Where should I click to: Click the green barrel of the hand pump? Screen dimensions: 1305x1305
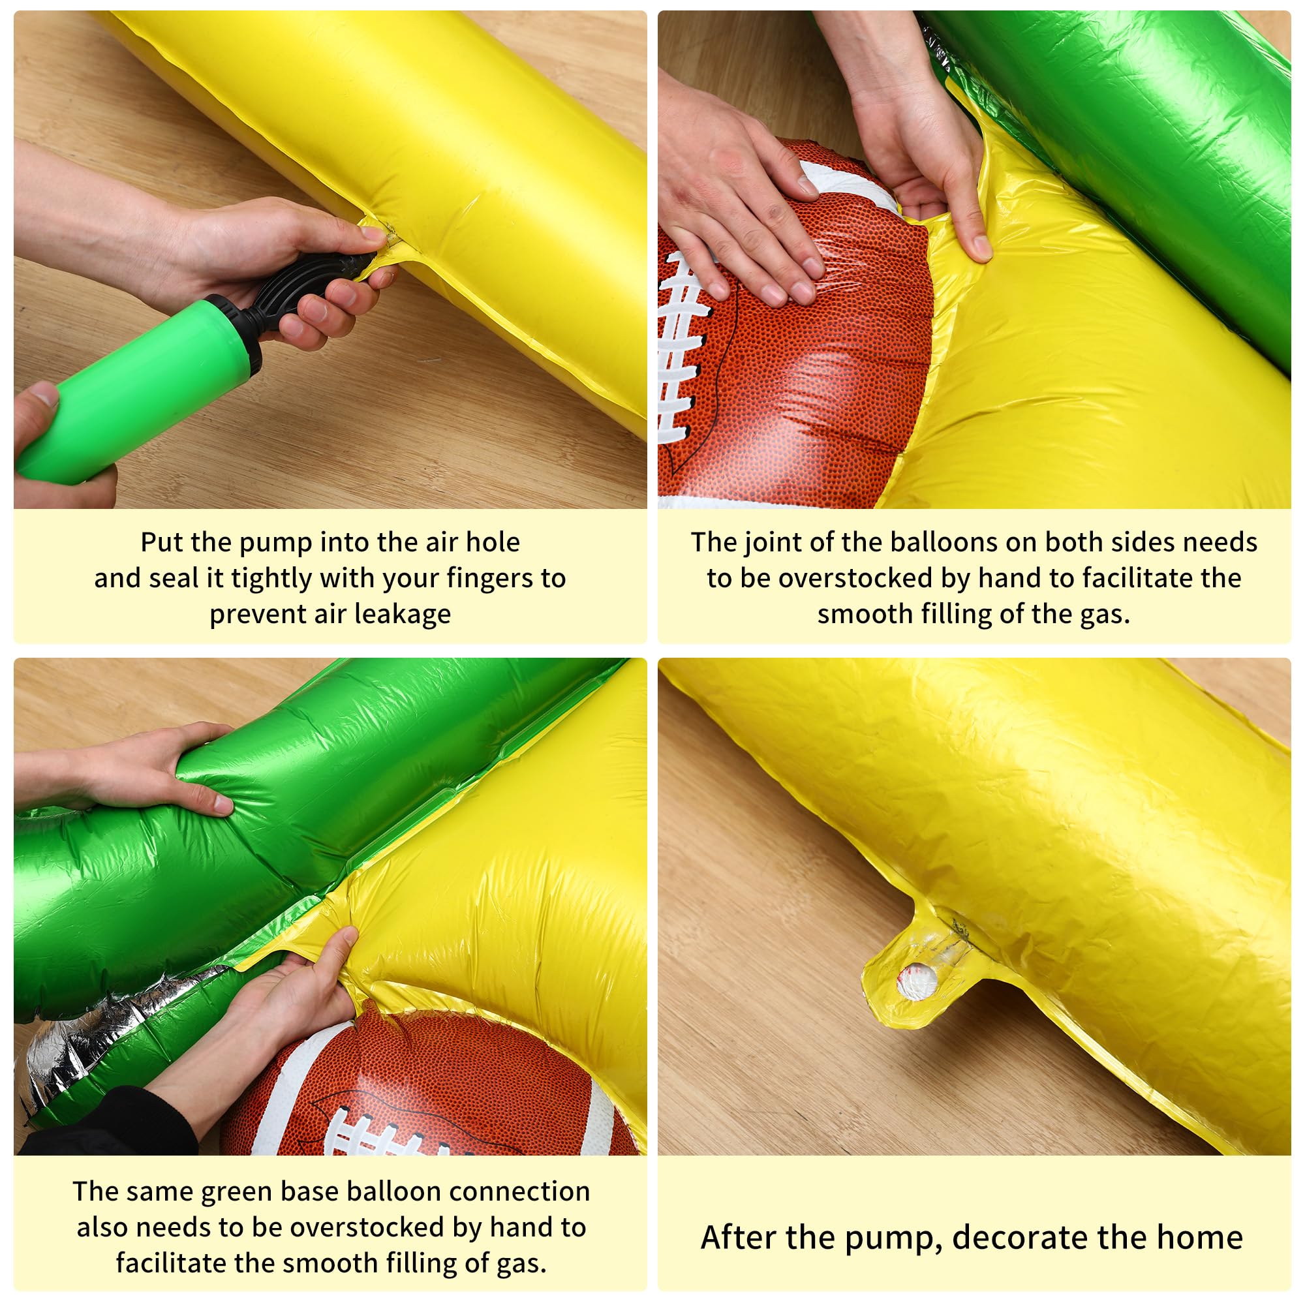click(135, 391)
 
